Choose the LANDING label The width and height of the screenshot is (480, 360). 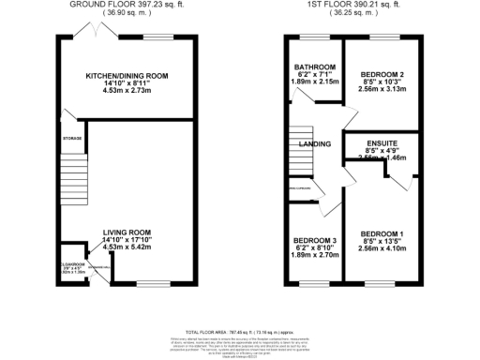(x=313, y=144)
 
